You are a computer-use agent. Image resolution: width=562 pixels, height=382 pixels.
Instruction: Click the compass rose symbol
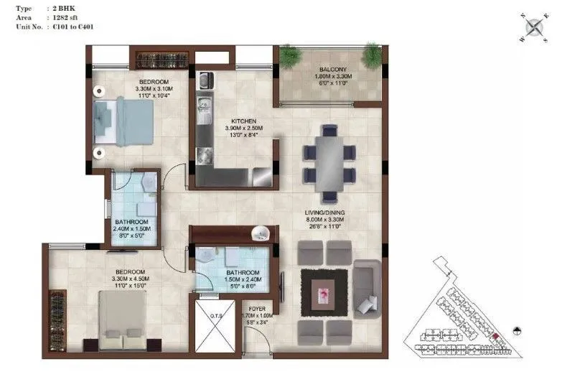(x=533, y=27)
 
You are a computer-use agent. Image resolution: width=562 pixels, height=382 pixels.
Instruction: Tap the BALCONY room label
(x=329, y=70)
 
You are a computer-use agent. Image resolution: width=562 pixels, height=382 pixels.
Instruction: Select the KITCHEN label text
(x=243, y=121)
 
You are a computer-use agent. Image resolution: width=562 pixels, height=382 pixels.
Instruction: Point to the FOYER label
(x=257, y=307)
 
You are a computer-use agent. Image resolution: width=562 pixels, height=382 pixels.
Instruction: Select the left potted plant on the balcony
(x=289, y=55)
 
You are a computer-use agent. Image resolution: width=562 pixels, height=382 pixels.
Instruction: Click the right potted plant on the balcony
(x=372, y=54)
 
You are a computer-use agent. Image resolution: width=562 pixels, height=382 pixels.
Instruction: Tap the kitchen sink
(x=203, y=106)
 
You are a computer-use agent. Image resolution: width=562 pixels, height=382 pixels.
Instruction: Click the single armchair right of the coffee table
(x=367, y=287)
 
